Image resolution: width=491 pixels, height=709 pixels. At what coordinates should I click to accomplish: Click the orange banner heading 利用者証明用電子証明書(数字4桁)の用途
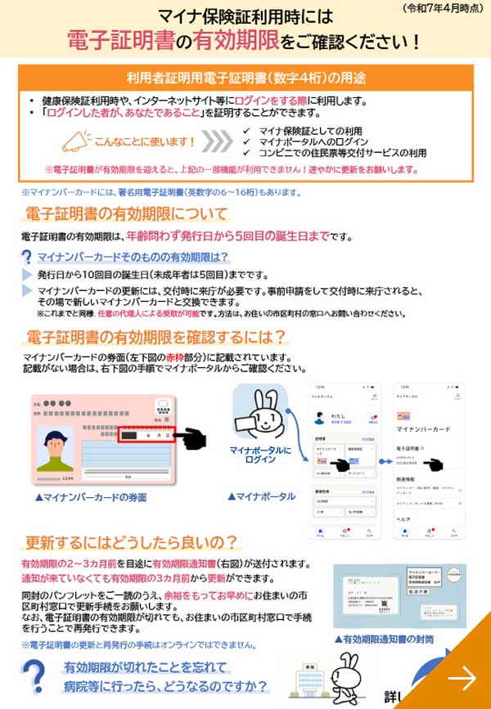[245, 79]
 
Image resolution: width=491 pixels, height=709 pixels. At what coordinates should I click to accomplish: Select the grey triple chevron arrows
[216, 141]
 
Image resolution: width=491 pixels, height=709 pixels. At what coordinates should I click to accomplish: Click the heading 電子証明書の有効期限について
[126, 214]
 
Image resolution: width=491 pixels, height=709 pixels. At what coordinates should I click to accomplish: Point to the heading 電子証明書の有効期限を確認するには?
[155, 337]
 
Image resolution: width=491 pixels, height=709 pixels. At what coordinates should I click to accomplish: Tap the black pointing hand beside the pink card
[192, 438]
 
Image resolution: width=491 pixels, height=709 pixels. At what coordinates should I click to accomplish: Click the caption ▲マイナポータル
[261, 496]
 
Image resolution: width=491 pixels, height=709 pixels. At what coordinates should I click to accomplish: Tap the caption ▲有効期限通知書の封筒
[383, 639]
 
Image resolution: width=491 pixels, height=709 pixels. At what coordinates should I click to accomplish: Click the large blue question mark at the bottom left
[33, 679]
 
